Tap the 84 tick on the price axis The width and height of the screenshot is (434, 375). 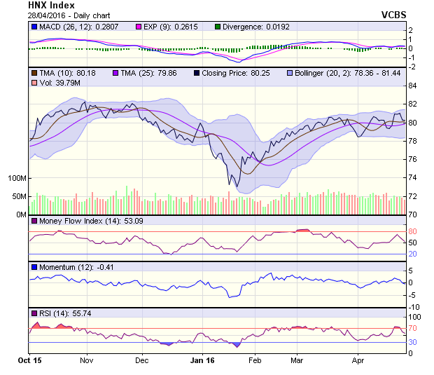point(413,86)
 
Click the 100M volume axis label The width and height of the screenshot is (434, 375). point(16,178)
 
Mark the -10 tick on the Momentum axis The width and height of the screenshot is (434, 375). point(414,306)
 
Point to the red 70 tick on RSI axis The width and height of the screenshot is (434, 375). point(413,328)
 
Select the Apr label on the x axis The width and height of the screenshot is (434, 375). point(358,360)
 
